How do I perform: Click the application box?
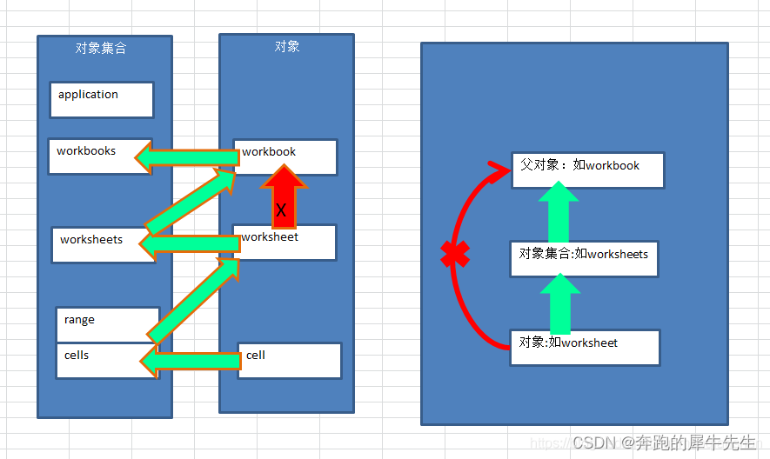(102, 100)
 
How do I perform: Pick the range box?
(107, 323)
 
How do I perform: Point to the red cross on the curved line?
(455, 254)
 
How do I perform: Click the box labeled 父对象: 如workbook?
(587, 170)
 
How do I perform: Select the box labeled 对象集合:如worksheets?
(584, 259)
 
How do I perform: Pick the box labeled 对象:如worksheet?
(584, 347)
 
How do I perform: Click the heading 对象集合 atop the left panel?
(101, 49)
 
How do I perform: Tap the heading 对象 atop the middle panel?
(286, 47)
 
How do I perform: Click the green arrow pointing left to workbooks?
(187, 157)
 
